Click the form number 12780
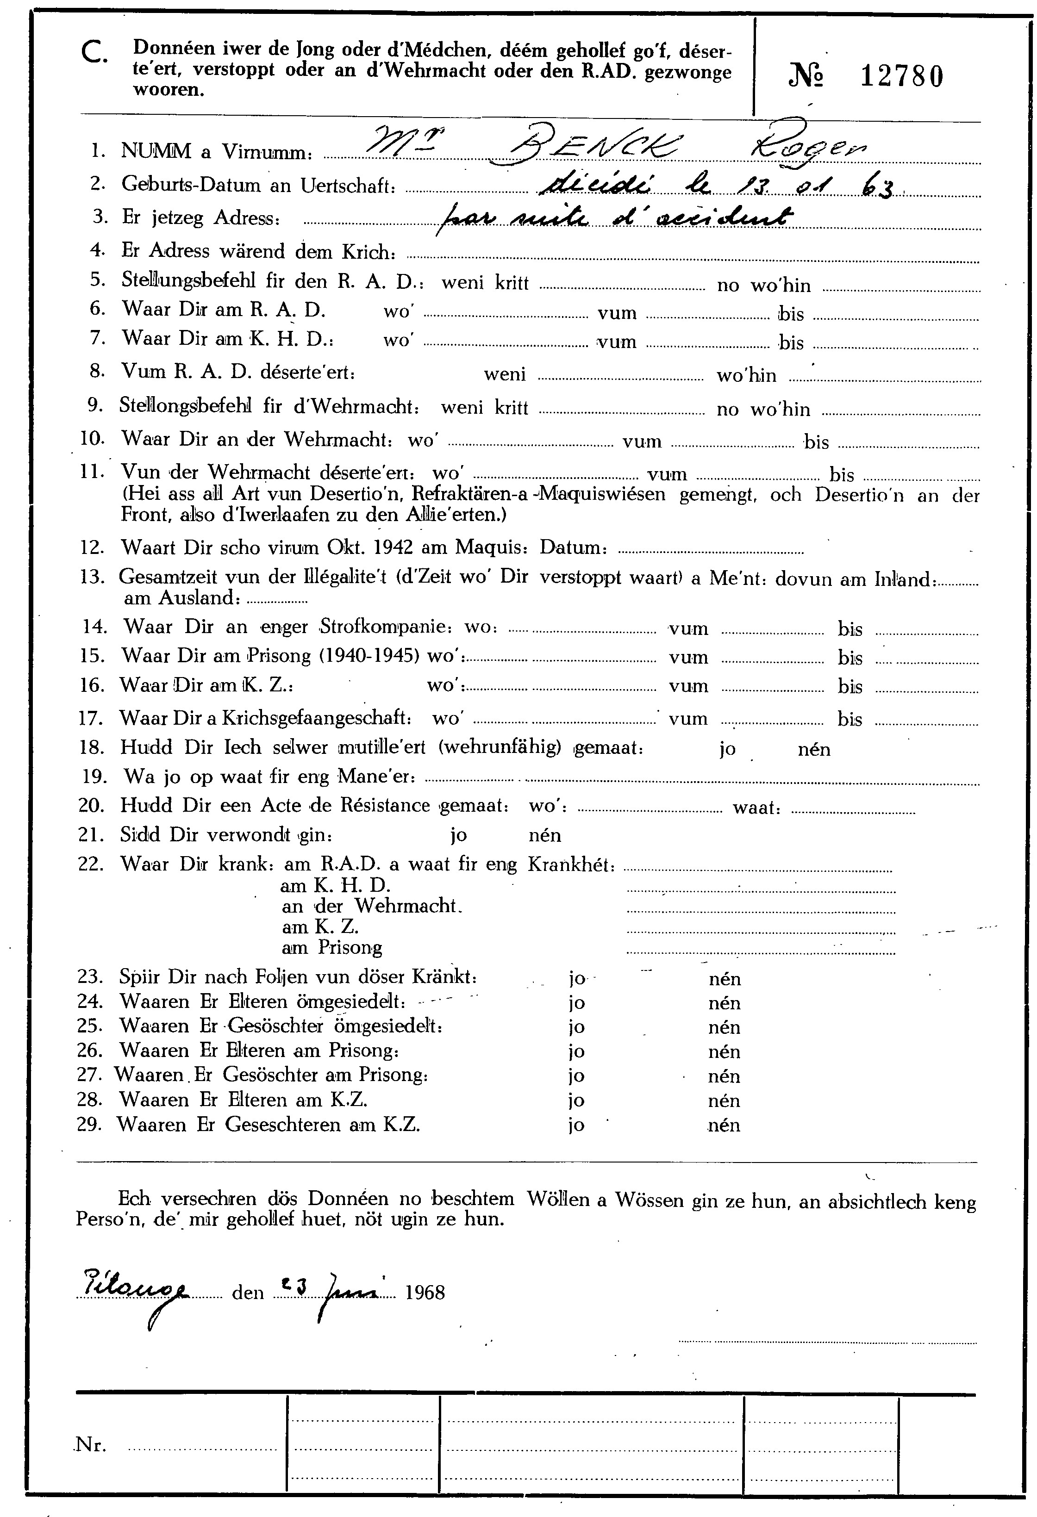tap(901, 77)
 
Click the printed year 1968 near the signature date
tap(425, 1293)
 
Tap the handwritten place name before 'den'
tap(134, 1288)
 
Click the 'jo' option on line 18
tap(727, 749)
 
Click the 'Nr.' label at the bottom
tap(91, 1444)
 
